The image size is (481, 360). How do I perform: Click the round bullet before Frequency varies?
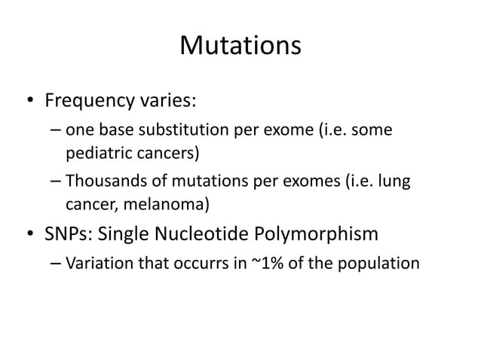click(x=28, y=100)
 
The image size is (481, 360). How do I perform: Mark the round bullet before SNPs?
click(x=28, y=235)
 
